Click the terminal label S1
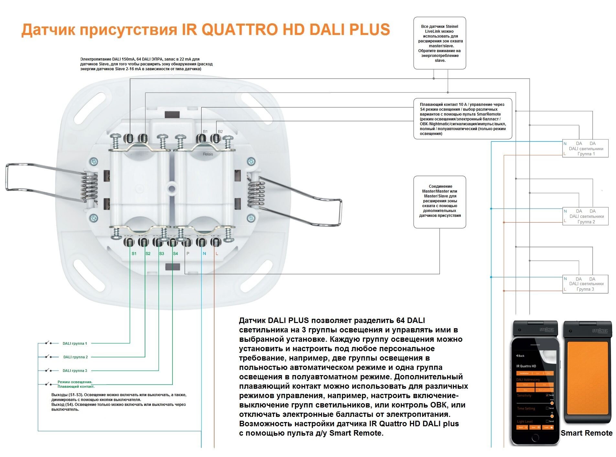[134, 253]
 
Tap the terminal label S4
[175, 253]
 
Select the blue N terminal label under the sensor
[204, 253]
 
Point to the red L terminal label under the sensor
[217, 253]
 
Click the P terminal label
[188, 253]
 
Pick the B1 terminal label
[205, 131]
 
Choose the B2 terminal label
[220, 131]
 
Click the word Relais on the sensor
[208, 154]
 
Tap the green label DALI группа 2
[75, 357]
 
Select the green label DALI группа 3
[75, 371]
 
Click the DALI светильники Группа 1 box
[585, 149]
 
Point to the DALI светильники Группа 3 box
[585, 284]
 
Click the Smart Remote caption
[586, 433]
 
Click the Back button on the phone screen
[521, 356]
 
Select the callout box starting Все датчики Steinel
[440, 43]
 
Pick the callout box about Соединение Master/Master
[440, 202]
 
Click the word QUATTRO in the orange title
[239, 30]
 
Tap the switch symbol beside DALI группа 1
[48, 343]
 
